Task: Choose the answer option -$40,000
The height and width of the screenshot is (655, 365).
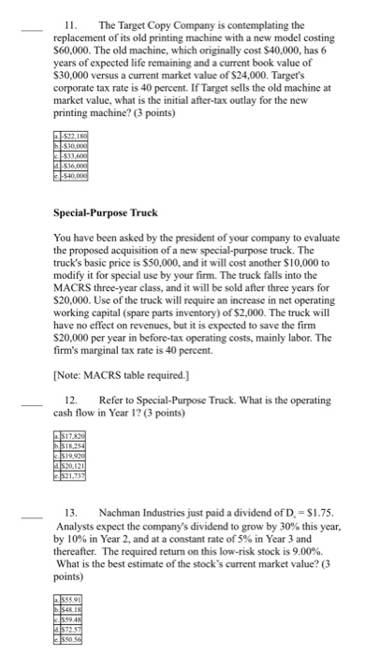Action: (x=74, y=177)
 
